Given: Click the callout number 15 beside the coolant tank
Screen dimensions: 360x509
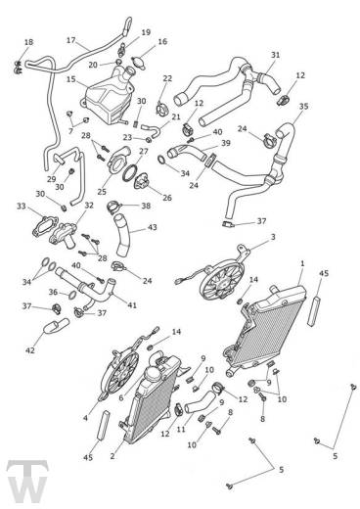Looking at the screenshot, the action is click(x=71, y=79).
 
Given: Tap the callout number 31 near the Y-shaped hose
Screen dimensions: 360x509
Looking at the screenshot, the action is click(x=276, y=55).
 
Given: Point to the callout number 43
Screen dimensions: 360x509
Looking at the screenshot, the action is click(x=153, y=227).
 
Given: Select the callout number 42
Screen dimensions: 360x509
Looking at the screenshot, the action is click(x=30, y=350).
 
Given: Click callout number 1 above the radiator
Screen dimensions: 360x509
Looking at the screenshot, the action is click(x=302, y=263).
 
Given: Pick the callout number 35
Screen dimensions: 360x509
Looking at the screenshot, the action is click(x=303, y=106).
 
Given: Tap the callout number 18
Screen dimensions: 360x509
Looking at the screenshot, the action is click(x=28, y=42).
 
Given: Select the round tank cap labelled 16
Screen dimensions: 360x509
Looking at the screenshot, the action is click(x=138, y=61).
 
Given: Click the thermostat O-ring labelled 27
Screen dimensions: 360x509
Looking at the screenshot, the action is click(x=130, y=173).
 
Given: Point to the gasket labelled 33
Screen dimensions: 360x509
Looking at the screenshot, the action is click(x=46, y=225).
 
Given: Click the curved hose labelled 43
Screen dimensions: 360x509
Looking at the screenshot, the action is click(x=123, y=235).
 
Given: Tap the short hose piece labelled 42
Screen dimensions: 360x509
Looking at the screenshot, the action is click(x=56, y=326).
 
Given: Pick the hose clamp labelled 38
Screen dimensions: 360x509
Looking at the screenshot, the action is click(x=113, y=207).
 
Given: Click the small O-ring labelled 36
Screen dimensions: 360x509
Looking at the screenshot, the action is click(x=73, y=295).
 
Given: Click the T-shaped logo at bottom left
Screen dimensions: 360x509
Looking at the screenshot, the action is click(x=27, y=483).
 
